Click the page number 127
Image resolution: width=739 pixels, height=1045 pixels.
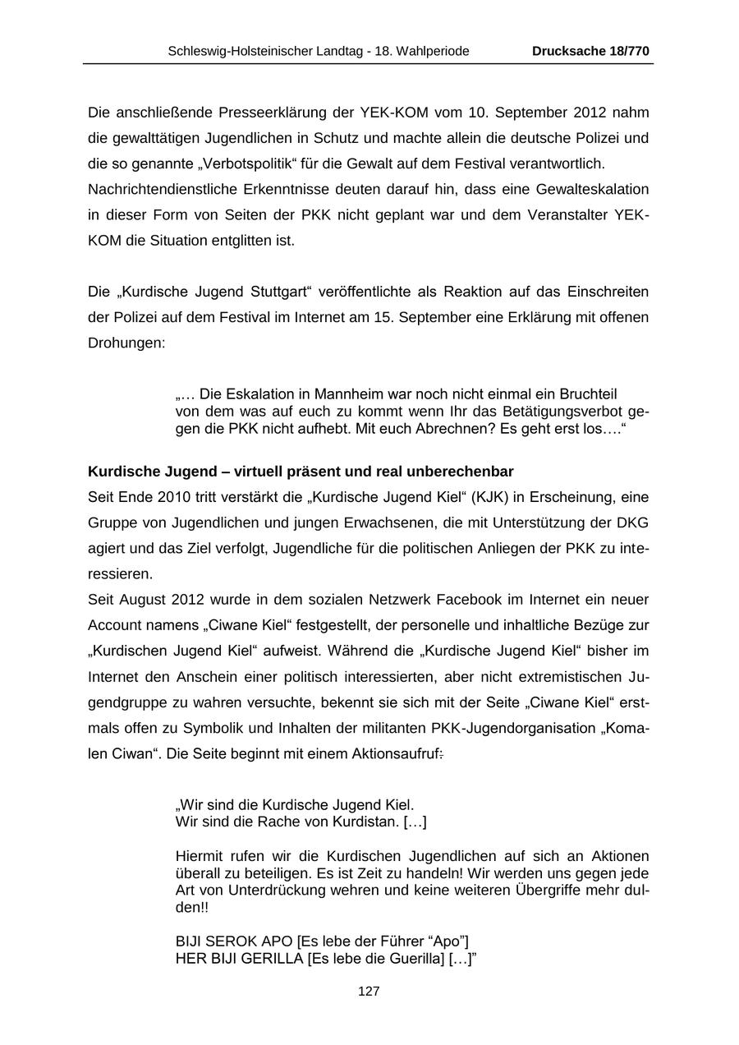tap(369, 992)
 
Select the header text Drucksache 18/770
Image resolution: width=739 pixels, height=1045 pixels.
tap(590, 51)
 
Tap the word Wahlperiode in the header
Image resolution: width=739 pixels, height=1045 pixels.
tap(434, 51)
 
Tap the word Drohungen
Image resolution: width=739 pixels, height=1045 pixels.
tap(126, 343)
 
